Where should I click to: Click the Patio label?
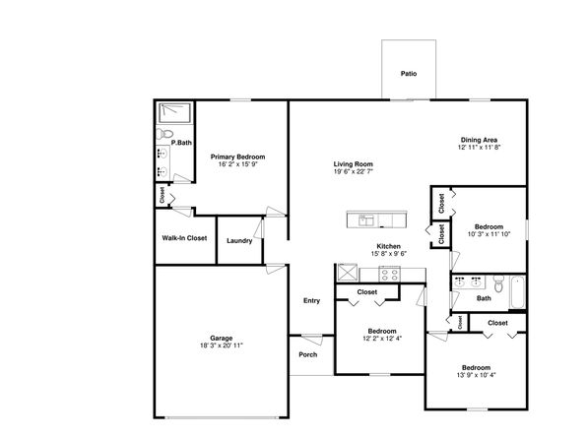tap(409, 74)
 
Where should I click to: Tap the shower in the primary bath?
tap(174, 113)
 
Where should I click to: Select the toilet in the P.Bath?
tap(164, 134)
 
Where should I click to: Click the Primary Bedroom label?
tap(237, 157)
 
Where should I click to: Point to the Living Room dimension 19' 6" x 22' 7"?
tap(354, 172)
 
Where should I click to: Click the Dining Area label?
tap(479, 140)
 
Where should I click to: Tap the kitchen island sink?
tap(366, 220)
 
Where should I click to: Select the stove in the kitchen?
tap(390, 275)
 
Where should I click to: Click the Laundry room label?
tap(239, 240)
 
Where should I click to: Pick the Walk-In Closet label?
tap(184, 238)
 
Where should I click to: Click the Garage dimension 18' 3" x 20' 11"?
tap(222, 345)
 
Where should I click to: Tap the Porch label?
tap(307, 354)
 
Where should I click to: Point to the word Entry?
tap(311, 300)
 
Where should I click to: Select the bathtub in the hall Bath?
tap(518, 292)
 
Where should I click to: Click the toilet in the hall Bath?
tap(498, 283)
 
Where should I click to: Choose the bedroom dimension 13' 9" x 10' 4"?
tap(476, 375)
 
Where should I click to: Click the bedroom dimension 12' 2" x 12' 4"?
tap(382, 339)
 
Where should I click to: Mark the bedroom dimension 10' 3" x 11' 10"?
tap(489, 234)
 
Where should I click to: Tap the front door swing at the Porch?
tap(312, 340)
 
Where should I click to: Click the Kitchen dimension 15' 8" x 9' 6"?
tap(389, 254)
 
